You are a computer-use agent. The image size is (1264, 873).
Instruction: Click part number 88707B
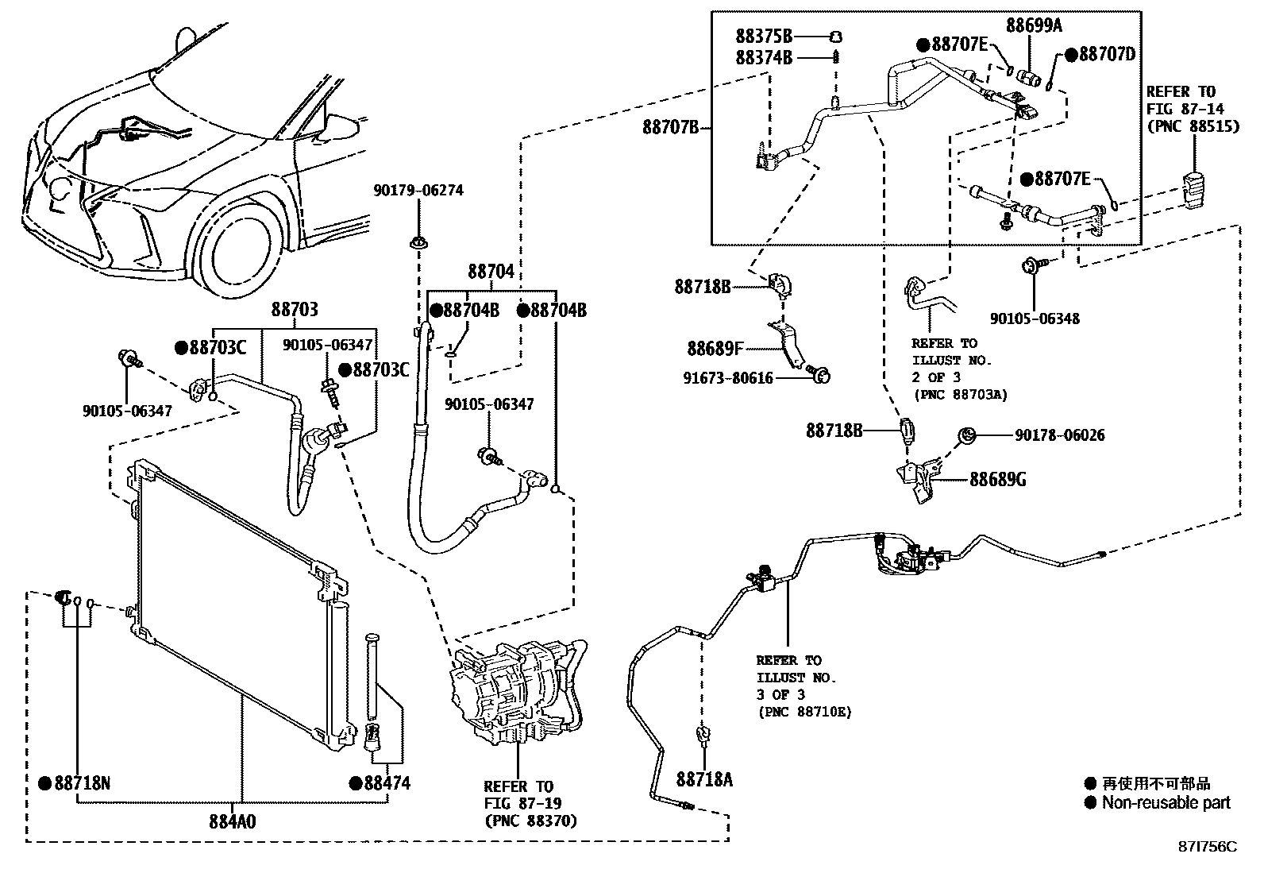pyautogui.click(x=670, y=127)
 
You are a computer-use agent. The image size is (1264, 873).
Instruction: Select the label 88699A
pyautogui.click(x=1034, y=25)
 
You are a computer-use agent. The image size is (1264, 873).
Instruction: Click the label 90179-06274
pyautogui.click(x=418, y=191)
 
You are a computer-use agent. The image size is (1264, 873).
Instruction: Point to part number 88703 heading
pyautogui.click(x=295, y=309)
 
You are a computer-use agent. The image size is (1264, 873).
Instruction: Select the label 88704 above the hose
pyautogui.click(x=491, y=272)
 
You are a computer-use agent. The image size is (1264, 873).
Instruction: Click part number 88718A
pyautogui.click(x=704, y=779)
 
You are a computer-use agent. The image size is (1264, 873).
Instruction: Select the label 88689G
pyautogui.click(x=997, y=480)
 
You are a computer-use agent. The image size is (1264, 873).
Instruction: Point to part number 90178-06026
pyautogui.click(x=1059, y=435)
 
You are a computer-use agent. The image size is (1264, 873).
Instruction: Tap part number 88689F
pyautogui.click(x=715, y=348)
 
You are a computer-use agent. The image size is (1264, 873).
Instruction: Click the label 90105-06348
pyautogui.click(x=1035, y=319)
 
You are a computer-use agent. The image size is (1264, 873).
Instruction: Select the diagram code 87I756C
pyautogui.click(x=1208, y=846)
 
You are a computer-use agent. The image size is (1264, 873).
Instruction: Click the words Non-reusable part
pyautogui.click(x=1166, y=803)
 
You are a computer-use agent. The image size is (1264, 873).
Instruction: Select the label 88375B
pyautogui.click(x=764, y=37)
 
